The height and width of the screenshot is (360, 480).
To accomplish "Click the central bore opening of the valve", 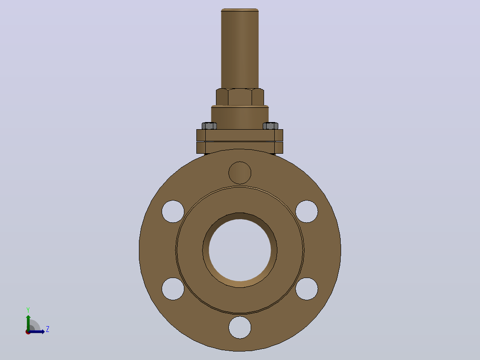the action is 240,250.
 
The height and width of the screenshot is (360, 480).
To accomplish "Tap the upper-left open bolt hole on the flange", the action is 173,211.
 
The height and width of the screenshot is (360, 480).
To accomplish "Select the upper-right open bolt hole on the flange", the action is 307,211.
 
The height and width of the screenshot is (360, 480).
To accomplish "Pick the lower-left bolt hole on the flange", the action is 173,289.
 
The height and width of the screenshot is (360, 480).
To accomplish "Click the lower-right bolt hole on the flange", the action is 307,289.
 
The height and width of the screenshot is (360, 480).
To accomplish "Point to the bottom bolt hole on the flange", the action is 240,327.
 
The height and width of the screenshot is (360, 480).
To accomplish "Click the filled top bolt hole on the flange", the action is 240,173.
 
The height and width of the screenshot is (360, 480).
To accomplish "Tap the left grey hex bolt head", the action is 209,126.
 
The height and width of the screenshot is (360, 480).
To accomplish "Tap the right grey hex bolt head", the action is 271,126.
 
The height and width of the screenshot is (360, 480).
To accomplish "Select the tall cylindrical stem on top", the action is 240,49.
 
